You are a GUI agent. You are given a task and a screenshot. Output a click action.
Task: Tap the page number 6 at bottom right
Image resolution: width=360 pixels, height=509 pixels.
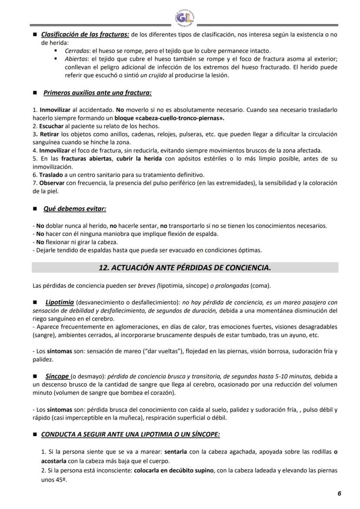pos(339,493)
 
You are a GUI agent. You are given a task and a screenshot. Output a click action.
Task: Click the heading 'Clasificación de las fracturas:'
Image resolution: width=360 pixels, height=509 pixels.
pos(85,34)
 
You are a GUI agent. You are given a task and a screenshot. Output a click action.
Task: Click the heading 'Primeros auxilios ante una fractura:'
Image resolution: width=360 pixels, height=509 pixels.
pos(97,93)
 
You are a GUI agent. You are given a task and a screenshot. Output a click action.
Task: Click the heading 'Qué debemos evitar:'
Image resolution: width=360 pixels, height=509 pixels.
pos(75,209)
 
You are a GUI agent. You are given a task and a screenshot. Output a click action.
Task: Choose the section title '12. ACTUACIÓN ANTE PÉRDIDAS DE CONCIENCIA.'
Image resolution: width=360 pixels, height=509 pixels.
pos(185,268)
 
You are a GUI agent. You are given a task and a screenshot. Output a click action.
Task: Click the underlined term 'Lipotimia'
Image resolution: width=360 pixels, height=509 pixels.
pos(60,302)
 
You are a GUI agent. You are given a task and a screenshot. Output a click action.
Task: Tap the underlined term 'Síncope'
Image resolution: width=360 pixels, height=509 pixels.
pos(57,376)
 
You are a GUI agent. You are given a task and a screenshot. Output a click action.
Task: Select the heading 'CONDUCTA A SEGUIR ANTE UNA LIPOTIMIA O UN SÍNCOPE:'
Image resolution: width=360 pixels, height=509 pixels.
pos(130,434)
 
